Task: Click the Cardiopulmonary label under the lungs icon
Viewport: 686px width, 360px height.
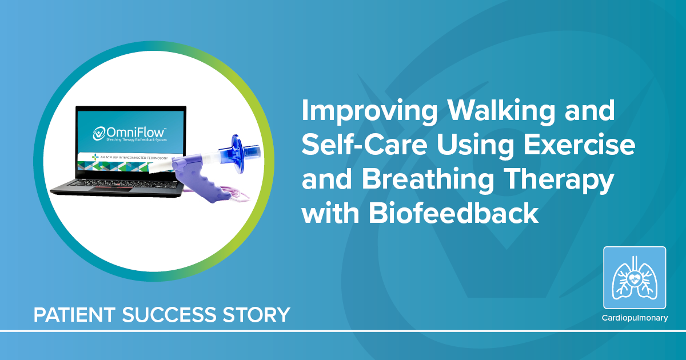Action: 635,318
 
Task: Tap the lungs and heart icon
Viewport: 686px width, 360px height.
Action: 635,277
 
